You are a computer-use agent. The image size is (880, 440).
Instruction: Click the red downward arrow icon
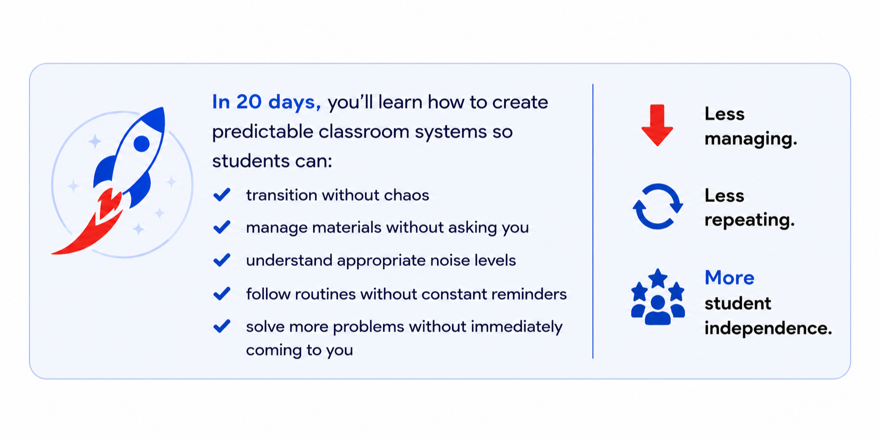point(657,125)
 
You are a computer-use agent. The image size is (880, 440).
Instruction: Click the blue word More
point(729,278)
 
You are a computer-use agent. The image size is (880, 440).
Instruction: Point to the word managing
point(751,139)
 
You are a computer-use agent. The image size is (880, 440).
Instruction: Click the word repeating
point(749,220)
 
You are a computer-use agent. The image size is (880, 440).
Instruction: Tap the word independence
point(768,328)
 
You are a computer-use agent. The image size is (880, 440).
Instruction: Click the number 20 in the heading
point(249,102)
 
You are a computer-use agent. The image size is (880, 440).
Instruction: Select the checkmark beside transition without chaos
point(222,194)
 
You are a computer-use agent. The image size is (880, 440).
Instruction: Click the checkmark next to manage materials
point(222,227)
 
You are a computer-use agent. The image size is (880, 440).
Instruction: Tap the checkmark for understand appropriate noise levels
point(222,260)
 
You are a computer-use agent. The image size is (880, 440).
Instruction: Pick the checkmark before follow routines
point(222,293)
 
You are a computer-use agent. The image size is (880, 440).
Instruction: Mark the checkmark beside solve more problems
point(222,326)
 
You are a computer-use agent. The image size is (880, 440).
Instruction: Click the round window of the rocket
point(141,144)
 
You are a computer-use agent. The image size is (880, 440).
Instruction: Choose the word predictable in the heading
point(262,132)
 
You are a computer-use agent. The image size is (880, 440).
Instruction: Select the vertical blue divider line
point(593,221)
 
